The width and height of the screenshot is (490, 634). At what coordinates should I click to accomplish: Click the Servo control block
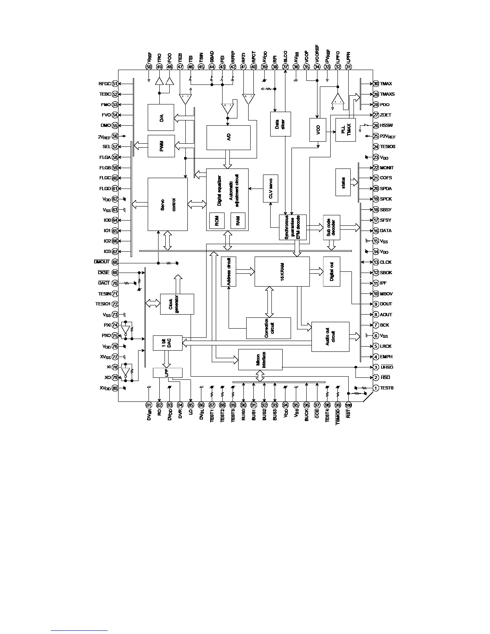click(168, 204)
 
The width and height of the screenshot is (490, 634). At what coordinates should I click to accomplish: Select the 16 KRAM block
click(282, 271)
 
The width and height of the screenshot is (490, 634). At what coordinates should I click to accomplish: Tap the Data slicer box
click(280, 124)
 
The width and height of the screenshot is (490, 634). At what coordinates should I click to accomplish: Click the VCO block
click(317, 130)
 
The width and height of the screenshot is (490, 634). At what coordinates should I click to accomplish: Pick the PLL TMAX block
click(346, 130)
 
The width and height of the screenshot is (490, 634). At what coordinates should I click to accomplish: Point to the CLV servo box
click(271, 189)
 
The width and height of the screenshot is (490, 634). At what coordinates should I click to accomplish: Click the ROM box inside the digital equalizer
click(217, 221)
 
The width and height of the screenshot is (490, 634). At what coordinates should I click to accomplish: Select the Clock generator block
click(177, 304)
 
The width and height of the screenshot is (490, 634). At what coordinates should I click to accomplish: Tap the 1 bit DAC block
click(168, 343)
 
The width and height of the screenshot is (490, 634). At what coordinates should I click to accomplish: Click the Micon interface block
click(260, 359)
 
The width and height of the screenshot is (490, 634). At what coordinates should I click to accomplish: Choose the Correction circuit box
click(268, 328)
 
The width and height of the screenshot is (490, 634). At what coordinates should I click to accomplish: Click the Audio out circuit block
click(330, 337)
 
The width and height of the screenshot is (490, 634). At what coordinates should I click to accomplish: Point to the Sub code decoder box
click(331, 227)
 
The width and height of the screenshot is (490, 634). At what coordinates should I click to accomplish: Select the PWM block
click(161, 146)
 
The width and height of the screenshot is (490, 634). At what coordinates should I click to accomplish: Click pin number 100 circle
click(348, 405)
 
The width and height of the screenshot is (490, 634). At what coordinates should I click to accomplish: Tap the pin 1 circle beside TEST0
click(376, 388)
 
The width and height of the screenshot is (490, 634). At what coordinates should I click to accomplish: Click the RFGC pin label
click(104, 84)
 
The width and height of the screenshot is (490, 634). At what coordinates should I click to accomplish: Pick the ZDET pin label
click(386, 115)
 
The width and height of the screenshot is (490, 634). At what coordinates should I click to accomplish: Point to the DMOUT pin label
click(102, 262)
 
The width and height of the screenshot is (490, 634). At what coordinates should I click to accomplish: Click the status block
click(343, 183)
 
